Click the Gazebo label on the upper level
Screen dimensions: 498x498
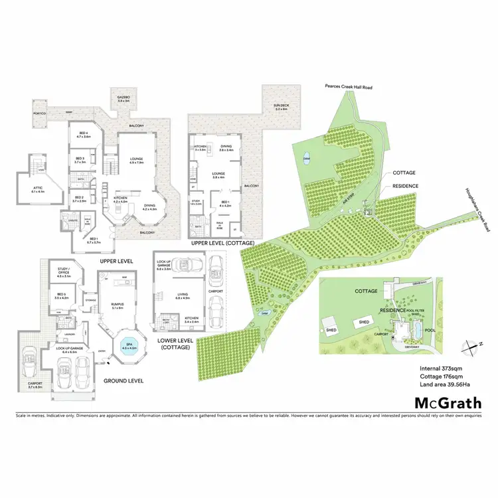[123, 98]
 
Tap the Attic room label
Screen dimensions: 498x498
[37, 188]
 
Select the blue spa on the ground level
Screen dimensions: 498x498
[129, 347]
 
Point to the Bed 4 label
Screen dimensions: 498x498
[84, 135]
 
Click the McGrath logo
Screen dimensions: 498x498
[448, 402]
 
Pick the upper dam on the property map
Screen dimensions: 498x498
[307, 159]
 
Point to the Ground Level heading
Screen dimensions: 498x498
[124, 380]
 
